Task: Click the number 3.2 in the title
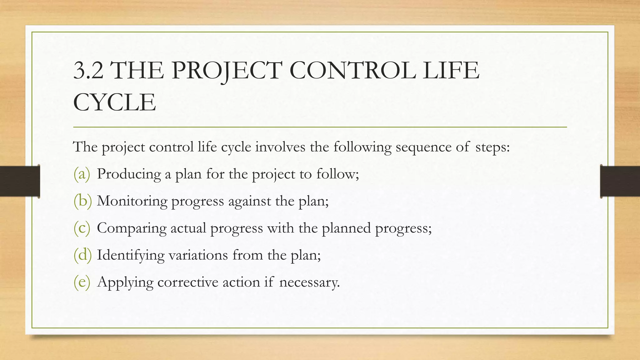pyautogui.click(x=88, y=70)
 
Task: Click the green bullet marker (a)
pyautogui.click(x=82, y=174)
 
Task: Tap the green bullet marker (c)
pyautogui.click(x=82, y=228)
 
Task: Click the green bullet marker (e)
pyautogui.click(x=82, y=282)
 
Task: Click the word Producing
pyautogui.click(x=129, y=174)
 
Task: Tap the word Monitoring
pyautogui.click(x=132, y=201)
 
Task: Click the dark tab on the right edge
pyautogui.click(x=620, y=181)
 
